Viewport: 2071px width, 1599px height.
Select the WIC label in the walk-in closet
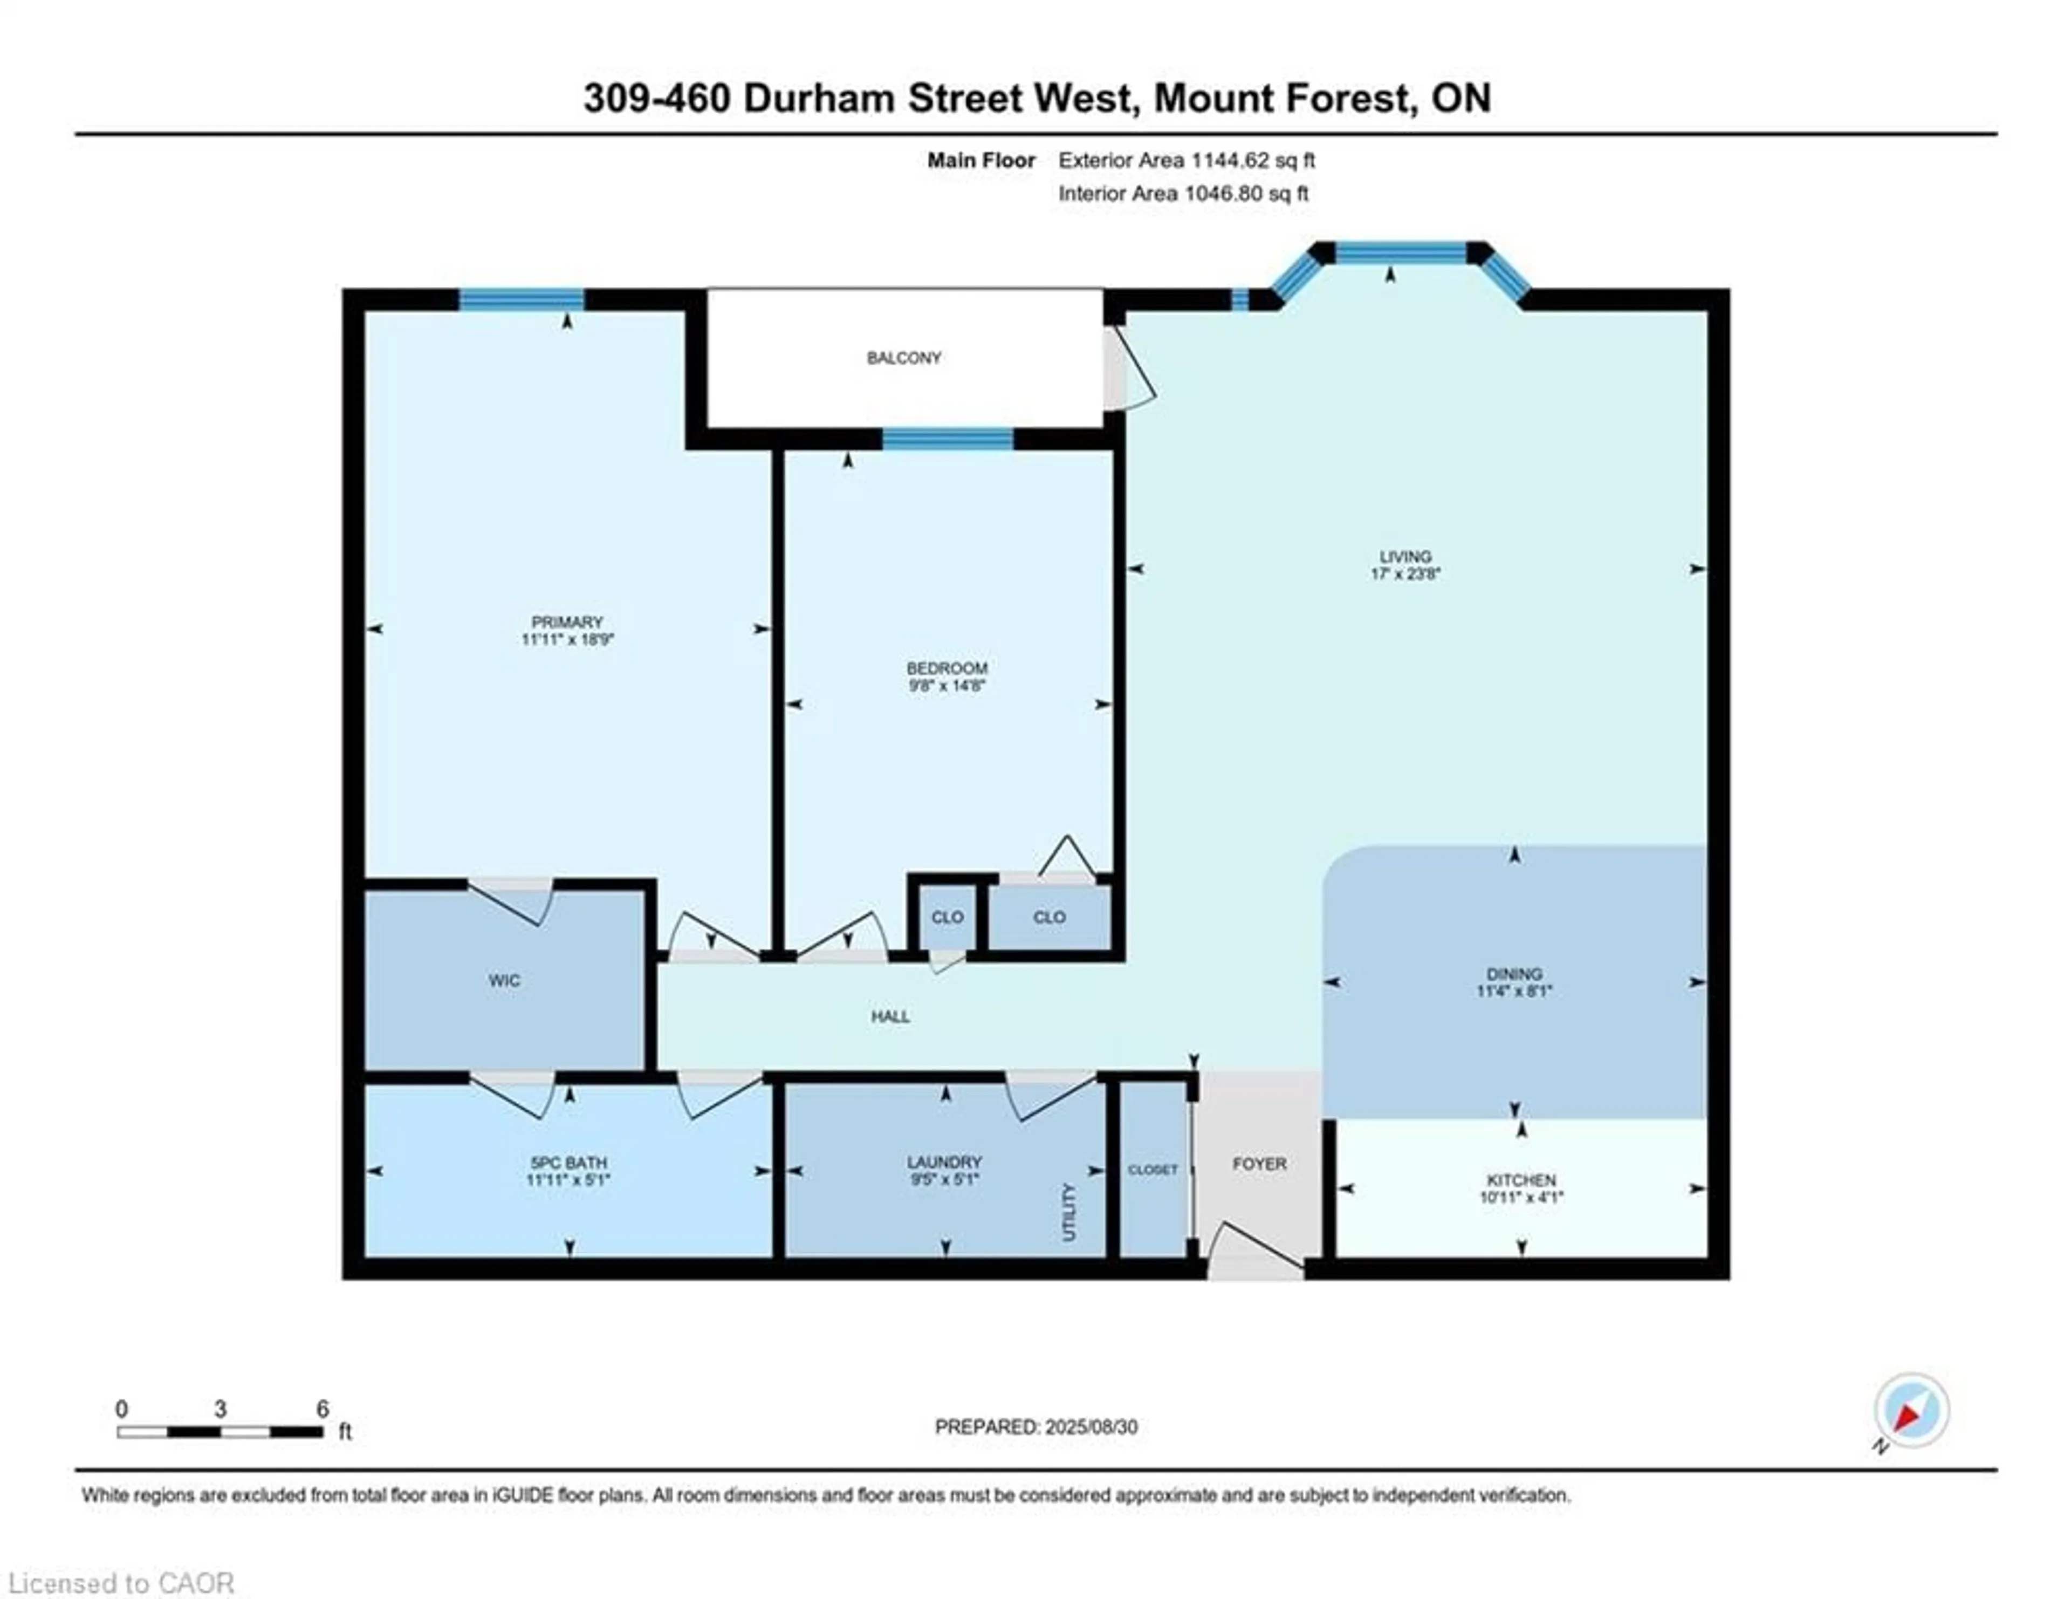pos(504,981)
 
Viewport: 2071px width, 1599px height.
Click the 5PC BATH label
pos(568,1163)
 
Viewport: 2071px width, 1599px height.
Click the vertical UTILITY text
pos(1069,1212)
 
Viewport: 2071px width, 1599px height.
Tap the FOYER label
pos(1259,1164)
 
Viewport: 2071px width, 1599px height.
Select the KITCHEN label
pos(1521,1180)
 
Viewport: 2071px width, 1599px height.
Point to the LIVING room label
pos(1405,557)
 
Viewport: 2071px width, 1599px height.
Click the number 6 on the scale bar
pos(323,1409)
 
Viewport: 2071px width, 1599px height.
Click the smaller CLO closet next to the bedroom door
pos(947,917)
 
